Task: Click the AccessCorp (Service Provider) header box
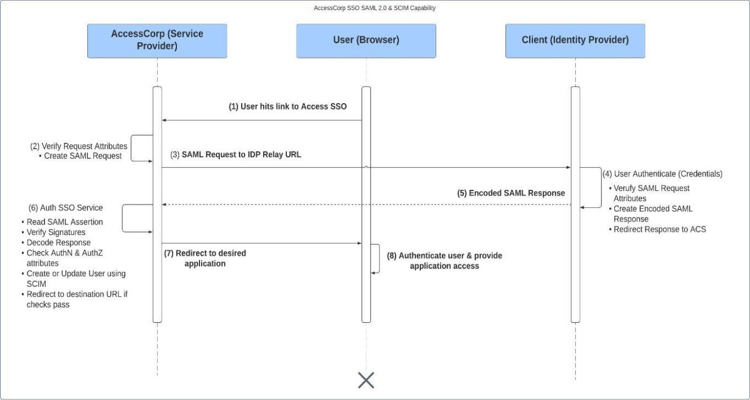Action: [157, 41]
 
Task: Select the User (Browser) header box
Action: [366, 41]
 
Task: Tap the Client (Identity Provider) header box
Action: [575, 41]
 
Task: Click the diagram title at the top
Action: [375, 8]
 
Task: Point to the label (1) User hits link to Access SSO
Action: [287, 106]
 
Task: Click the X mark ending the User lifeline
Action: [366, 380]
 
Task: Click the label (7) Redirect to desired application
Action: [205, 258]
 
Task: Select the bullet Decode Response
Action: [59, 243]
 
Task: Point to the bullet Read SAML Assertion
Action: [64, 222]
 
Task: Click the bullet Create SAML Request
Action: [84, 156]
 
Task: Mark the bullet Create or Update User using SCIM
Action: [76, 278]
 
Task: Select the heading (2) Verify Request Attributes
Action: [78, 146]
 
